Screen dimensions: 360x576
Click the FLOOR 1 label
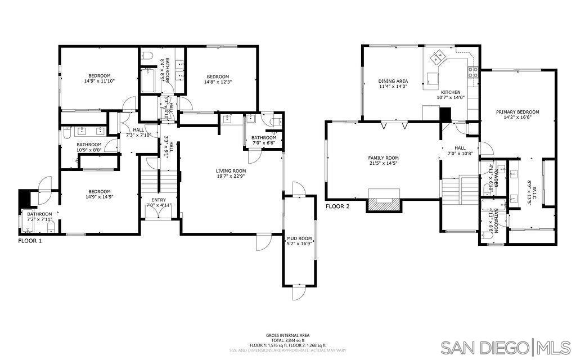pos(30,240)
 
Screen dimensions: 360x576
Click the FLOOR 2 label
pos(337,206)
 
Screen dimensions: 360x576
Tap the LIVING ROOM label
pos(231,171)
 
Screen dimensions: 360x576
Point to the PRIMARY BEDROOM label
pos(517,112)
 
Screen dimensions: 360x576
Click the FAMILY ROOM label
pos(383,158)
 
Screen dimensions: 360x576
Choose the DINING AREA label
pos(393,81)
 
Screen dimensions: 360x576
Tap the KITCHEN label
pos(451,92)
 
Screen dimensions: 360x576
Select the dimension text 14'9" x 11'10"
pos(98,81)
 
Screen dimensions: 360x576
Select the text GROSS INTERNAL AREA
pos(287,335)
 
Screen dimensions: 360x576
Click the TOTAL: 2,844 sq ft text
pos(287,340)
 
